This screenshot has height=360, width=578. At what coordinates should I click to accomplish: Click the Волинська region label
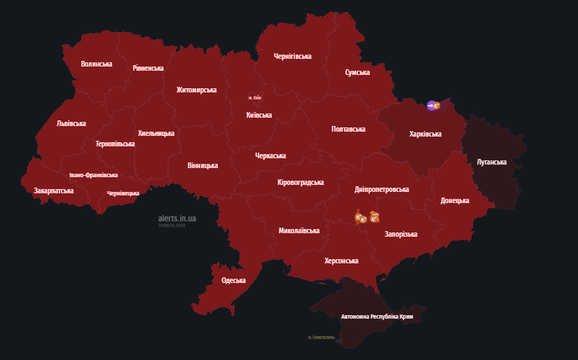pyautogui.click(x=97, y=64)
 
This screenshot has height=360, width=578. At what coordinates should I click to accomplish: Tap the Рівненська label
pyautogui.click(x=148, y=68)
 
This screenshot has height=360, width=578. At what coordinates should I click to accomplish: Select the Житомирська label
pyautogui.click(x=196, y=90)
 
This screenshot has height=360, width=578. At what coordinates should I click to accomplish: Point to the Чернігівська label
pyautogui.click(x=292, y=56)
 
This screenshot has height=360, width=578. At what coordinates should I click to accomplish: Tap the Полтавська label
pyautogui.click(x=348, y=129)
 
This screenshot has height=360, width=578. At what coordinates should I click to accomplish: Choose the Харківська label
pyautogui.click(x=425, y=134)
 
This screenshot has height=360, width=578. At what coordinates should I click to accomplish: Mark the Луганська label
pyautogui.click(x=491, y=162)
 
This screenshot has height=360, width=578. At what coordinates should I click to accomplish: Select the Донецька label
pyautogui.click(x=455, y=200)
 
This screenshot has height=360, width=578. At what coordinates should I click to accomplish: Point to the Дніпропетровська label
pyautogui.click(x=382, y=189)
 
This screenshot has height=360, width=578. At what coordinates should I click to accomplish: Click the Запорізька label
pyautogui.click(x=401, y=234)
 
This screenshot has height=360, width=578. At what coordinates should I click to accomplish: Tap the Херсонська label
pyautogui.click(x=341, y=261)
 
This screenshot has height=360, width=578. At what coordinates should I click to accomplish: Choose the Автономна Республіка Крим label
pyautogui.click(x=378, y=317)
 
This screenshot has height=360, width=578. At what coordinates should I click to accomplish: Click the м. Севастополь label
pyautogui.click(x=322, y=337)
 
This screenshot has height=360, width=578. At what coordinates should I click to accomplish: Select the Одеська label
pyautogui.click(x=233, y=280)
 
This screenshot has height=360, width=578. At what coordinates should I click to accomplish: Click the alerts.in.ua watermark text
pyautogui.click(x=177, y=219)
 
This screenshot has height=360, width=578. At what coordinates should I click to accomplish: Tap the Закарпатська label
pyautogui.click(x=54, y=190)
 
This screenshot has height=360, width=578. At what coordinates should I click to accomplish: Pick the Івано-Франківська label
pyautogui.click(x=93, y=175)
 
